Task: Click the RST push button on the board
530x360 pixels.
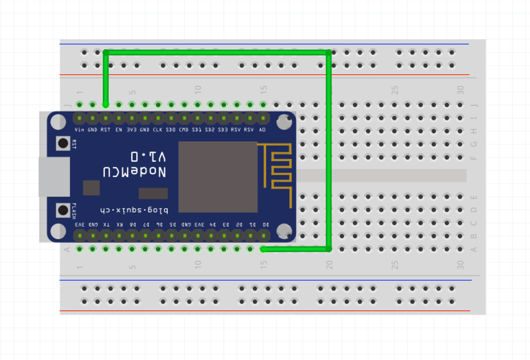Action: pyautogui.click(x=64, y=143)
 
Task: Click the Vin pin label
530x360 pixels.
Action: pyautogui.click(x=80, y=130)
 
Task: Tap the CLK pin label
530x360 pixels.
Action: pyautogui.click(x=158, y=130)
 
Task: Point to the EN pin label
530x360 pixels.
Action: pyautogui.click(x=119, y=130)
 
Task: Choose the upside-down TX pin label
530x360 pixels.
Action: pyautogui.click(x=107, y=225)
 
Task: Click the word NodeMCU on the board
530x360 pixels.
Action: pyautogui.click(x=135, y=172)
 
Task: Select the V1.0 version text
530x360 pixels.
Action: pyautogui.click(x=149, y=157)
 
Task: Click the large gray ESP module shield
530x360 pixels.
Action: pyautogui.click(x=218, y=177)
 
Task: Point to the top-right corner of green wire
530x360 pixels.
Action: pyautogui.click(x=329, y=53)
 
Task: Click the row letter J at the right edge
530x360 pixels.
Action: pyautogui.click(x=474, y=105)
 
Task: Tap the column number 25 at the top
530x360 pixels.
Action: pyautogui.click(x=395, y=90)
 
